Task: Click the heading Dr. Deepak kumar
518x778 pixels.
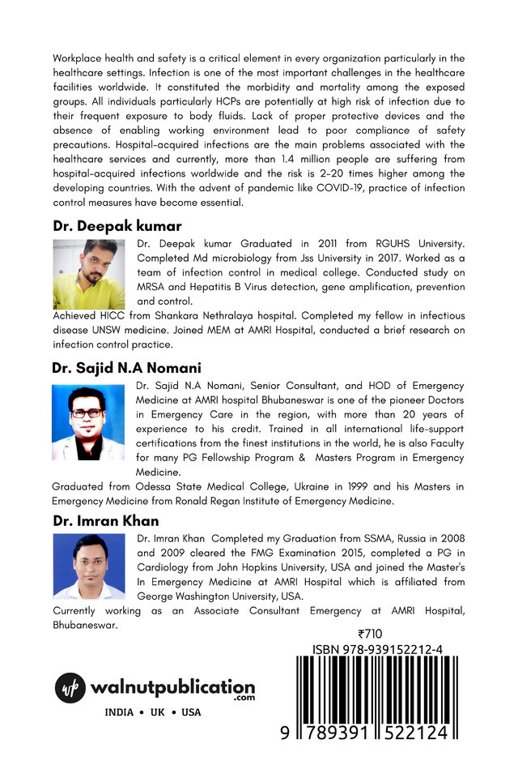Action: (117, 226)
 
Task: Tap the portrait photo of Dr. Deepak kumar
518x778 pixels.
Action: (89, 274)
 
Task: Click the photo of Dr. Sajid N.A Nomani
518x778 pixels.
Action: (88, 422)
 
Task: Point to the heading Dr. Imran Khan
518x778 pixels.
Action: (106, 520)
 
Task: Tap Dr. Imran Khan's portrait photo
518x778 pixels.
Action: (89, 566)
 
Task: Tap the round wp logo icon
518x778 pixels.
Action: (70, 688)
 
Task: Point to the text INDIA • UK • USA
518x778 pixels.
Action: (153, 712)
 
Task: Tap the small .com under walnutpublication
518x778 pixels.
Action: (244, 698)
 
